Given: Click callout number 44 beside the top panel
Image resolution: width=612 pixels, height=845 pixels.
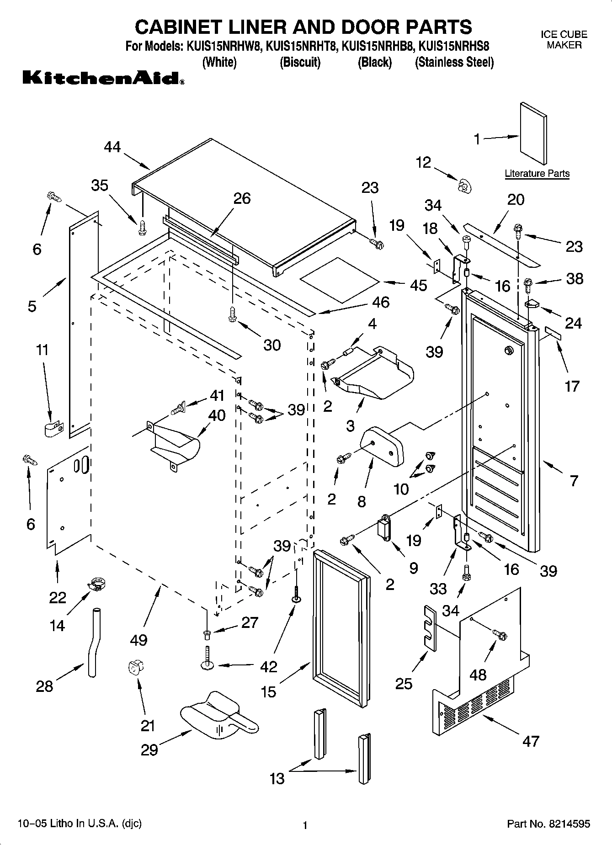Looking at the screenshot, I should click(x=112, y=147).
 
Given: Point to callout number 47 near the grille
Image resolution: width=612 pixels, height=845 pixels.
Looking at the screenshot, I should click(x=531, y=741).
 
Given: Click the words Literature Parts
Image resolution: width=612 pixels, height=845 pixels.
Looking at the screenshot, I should click(x=537, y=174).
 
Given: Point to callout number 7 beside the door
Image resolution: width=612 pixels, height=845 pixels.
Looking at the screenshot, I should click(x=574, y=480).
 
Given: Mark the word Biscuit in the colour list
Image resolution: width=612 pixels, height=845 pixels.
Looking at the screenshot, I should click(x=300, y=62).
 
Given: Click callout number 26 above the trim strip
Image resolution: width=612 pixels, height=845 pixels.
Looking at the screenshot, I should click(x=242, y=198).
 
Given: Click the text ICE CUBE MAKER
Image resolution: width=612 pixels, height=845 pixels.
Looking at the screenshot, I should click(x=564, y=40).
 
